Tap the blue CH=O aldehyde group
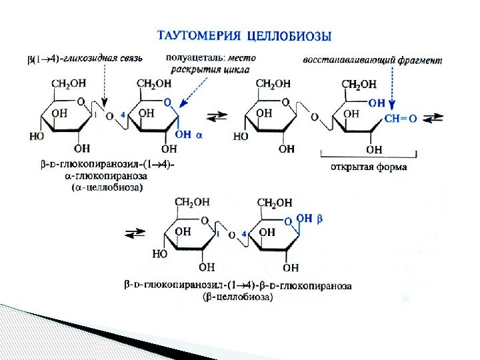(x=401, y=119)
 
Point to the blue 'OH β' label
(x=309, y=218)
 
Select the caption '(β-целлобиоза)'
(x=237, y=298)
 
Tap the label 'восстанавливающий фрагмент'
(x=372, y=60)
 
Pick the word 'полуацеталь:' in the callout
(x=194, y=58)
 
